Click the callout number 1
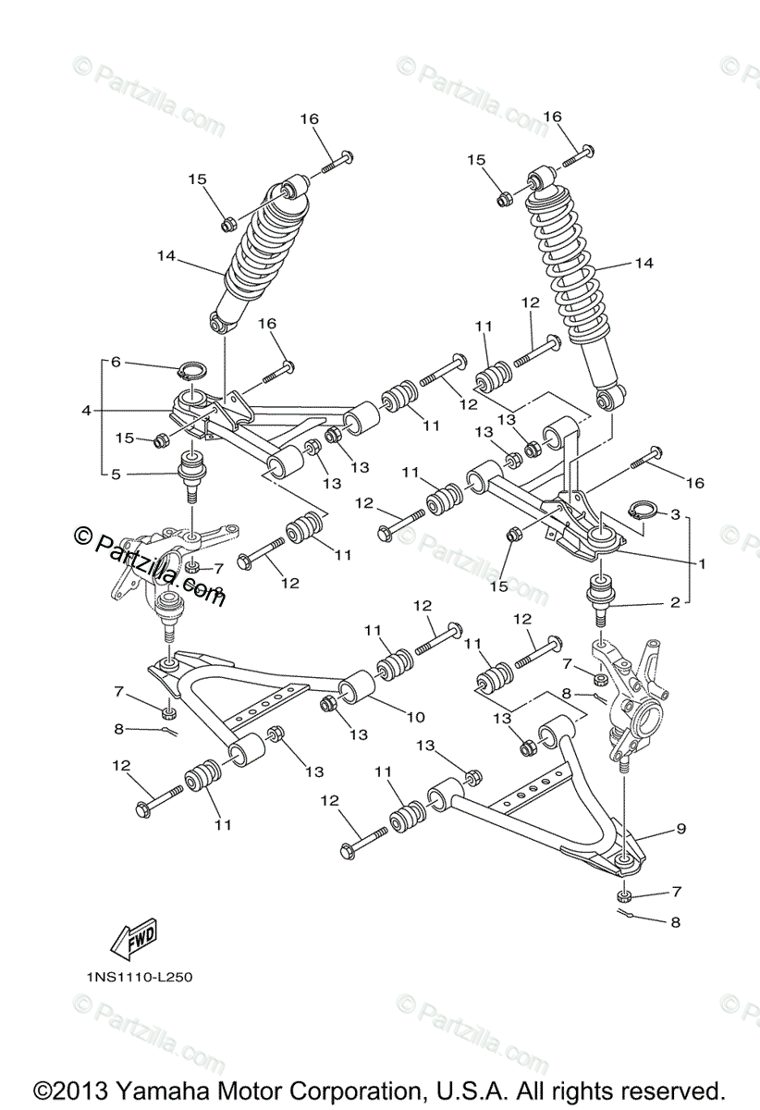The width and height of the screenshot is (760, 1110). tap(702, 561)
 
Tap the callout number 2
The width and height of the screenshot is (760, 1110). tap(676, 602)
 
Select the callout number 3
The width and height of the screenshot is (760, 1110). tap(676, 513)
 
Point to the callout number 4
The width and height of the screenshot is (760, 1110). tap(86, 410)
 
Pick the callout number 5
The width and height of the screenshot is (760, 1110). tap(116, 475)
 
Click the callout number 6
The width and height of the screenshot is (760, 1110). tap(116, 363)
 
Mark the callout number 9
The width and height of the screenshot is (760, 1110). tap(680, 830)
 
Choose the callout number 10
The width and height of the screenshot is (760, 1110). tap(415, 716)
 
